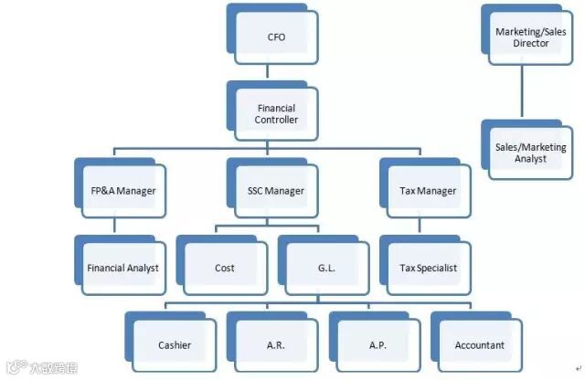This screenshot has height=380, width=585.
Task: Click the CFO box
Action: pos(276,37)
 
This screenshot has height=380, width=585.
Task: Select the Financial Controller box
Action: pos(276,114)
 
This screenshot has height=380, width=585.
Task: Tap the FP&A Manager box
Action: pos(123,191)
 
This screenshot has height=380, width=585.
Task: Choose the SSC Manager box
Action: pos(276,191)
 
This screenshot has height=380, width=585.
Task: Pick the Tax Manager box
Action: pos(428,191)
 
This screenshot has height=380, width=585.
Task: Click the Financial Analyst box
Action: pos(123,268)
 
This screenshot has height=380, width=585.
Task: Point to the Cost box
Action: pos(225,268)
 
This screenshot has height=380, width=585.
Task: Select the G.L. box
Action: pos(326,268)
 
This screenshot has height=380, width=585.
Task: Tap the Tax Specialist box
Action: pos(428,268)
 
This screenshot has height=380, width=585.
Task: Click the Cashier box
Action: pos(175,345)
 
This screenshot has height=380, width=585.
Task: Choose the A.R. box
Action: pos(276,345)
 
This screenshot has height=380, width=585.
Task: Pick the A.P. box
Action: pos(377,345)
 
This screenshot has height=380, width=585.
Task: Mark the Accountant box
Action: pos(479,345)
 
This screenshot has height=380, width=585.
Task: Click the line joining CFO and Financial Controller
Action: pos(276,73)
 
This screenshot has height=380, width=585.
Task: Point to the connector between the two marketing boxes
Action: pos(522,91)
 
